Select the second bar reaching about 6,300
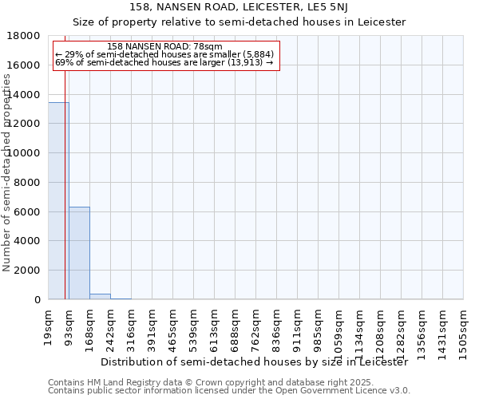pyautogui.click(x=79, y=253)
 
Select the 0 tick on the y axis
pyautogui.click(x=38, y=300)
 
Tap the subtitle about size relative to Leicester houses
pyautogui.click(x=239, y=22)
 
